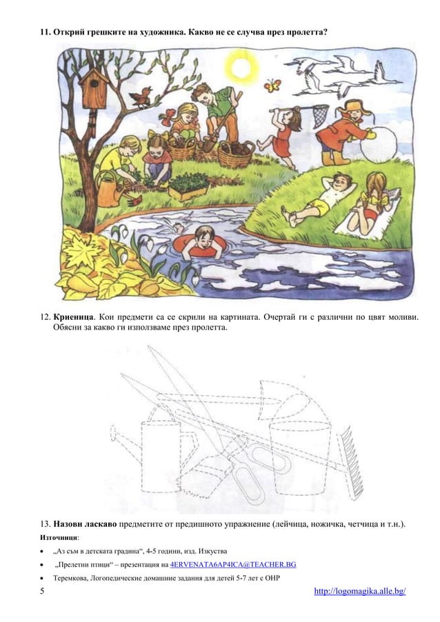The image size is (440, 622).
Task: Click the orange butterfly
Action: tap(273, 86)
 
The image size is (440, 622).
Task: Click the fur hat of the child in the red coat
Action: tap(355, 108)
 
